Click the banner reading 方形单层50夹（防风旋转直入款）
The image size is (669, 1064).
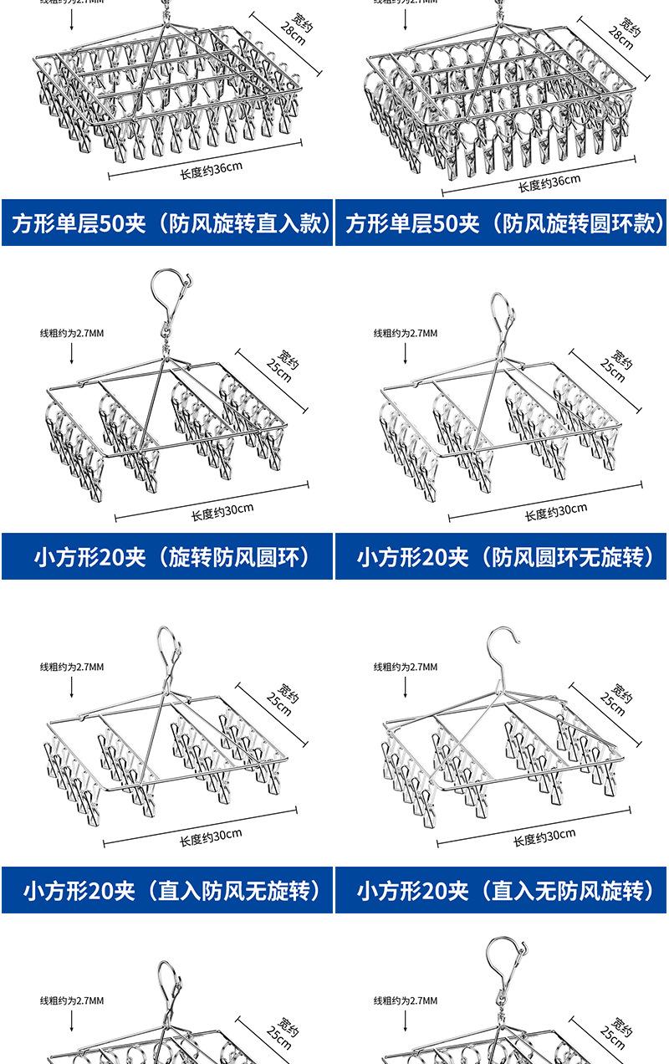pos(167,223)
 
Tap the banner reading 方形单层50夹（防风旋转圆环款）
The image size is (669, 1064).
pos(502,223)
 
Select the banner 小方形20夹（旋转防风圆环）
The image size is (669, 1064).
pos(167,556)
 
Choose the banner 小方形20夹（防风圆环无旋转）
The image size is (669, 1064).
pos(502,556)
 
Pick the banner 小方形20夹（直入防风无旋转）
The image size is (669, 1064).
pos(167,890)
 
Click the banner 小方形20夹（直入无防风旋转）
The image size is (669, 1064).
pos(502,890)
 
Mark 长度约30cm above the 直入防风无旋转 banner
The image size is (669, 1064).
pos(211,836)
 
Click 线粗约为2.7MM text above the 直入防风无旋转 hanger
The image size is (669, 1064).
pos(72,667)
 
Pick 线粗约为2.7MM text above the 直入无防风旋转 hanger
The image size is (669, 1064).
pos(406,667)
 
